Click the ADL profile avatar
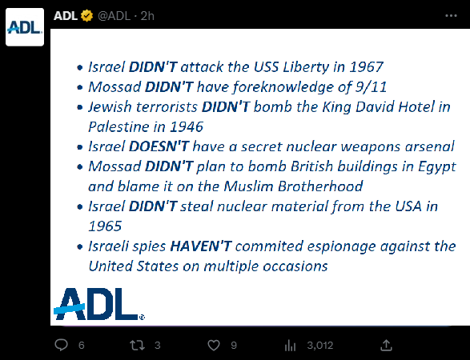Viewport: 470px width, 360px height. tap(25, 27)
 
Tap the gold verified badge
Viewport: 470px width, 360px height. tap(87, 16)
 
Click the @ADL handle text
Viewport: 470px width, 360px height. tap(114, 16)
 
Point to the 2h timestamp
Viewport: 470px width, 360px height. tap(147, 16)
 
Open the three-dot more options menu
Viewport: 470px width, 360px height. tap(451, 16)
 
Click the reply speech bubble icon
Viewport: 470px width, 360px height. tap(61, 345)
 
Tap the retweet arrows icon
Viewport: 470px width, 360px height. tap(137, 346)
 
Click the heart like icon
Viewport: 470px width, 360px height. tap(214, 346)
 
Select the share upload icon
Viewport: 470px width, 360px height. tap(387, 345)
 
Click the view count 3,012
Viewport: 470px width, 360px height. tap(319, 346)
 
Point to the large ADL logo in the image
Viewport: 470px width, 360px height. tap(99, 304)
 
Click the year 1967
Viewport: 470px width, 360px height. tap(366, 66)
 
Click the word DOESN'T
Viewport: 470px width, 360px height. tap(159, 146)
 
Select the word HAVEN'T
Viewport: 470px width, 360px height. tap(201, 246)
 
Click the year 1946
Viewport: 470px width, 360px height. tap(187, 126)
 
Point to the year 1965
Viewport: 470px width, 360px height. tap(105, 226)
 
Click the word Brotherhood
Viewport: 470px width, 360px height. tap(320, 186)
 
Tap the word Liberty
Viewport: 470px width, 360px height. tap(306, 67)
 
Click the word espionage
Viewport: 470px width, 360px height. tap(341, 246)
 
